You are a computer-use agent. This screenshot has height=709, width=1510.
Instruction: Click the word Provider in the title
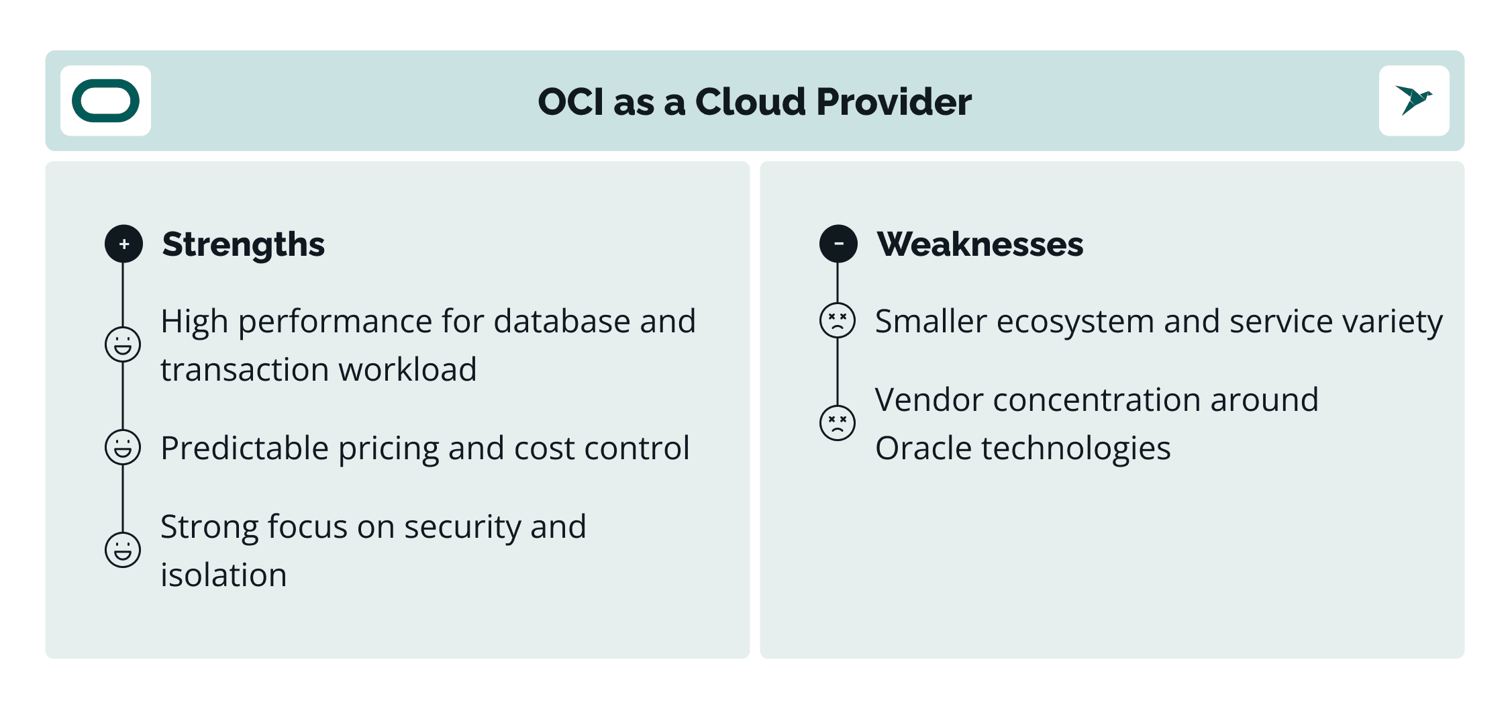pyautogui.click(x=894, y=102)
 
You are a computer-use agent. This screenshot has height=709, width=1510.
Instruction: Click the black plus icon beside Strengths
pyautogui.click(x=123, y=244)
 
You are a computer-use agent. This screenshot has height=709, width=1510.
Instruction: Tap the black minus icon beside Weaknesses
pyautogui.click(x=838, y=243)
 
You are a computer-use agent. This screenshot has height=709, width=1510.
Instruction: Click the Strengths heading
pyautogui.click(x=244, y=244)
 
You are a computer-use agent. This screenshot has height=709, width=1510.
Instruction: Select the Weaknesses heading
pyautogui.click(x=980, y=244)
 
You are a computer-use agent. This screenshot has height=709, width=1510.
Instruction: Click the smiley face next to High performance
pyautogui.click(x=123, y=344)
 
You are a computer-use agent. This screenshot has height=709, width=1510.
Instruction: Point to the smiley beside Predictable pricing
pyautogui.click(x=123, y=447)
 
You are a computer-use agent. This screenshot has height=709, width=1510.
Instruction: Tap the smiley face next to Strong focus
pyautogui.click(x=123, y=550)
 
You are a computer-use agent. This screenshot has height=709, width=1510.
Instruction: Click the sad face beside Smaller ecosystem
pyautogui.click(x=838, y=320)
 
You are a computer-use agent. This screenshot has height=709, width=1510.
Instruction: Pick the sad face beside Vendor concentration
pyautogui.click(x=838, y=423)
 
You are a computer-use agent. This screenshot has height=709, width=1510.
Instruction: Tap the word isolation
pyautogui.click(x=223, y=575)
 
